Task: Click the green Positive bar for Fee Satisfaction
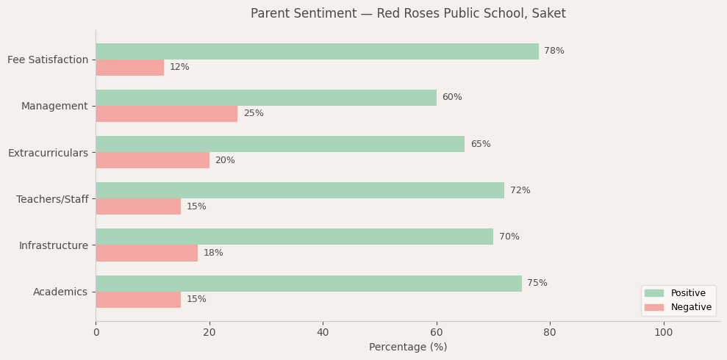[317, 51]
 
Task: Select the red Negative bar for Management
[166, 114]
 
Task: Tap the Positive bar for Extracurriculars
[280, 144]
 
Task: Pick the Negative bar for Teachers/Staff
[138, 206]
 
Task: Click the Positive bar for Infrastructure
[294, 237]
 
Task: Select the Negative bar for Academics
[138, 300]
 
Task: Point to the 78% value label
[554, 51]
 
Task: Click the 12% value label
[179, 68]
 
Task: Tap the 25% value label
[254, 114]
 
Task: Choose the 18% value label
[213, 253]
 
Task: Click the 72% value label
[520, 191]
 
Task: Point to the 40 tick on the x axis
[323, 333]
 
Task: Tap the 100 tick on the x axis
[663, 333]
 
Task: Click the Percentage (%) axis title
[408, 348]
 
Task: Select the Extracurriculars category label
[48, 153]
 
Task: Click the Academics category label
[60, 292]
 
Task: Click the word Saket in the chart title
[549, 14]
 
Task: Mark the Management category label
[54, 107]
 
